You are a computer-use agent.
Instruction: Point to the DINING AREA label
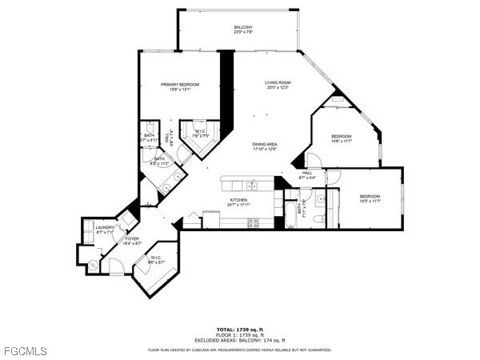265,146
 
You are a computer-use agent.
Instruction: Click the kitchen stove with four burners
254,224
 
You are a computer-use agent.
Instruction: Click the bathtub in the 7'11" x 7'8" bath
290,210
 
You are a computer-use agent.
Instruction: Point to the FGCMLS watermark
24,350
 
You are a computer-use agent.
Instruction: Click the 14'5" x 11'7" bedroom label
370,198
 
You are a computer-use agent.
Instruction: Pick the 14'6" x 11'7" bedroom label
342,139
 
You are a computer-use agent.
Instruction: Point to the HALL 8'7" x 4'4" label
307,174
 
